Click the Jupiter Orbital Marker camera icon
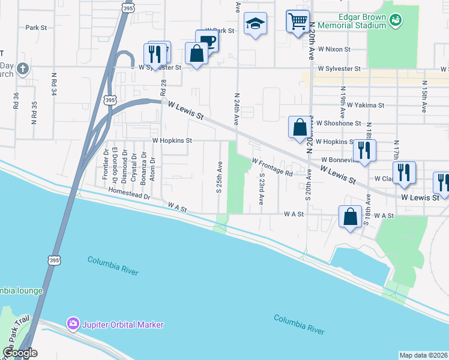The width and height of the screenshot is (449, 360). (x=73, y=324)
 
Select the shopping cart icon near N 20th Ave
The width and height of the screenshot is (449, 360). (x=298, y=22)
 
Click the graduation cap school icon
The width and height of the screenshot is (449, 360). (x=255, y=23)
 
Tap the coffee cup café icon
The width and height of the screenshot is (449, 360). (x=207, y=40)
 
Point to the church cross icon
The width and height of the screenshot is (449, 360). (x=23, y=68)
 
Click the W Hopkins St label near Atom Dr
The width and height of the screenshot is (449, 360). (x=172, y=140)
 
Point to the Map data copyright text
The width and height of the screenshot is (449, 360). (x=423, y=355)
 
